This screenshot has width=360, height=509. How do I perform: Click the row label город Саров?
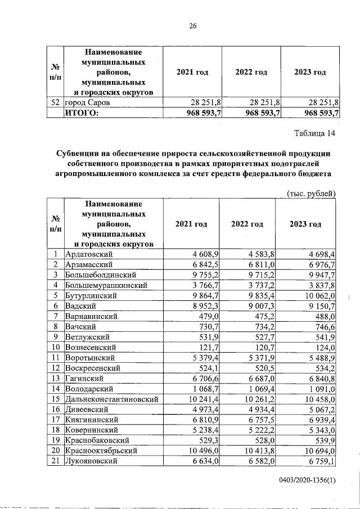pyautogui.click(x=87, y=103)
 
